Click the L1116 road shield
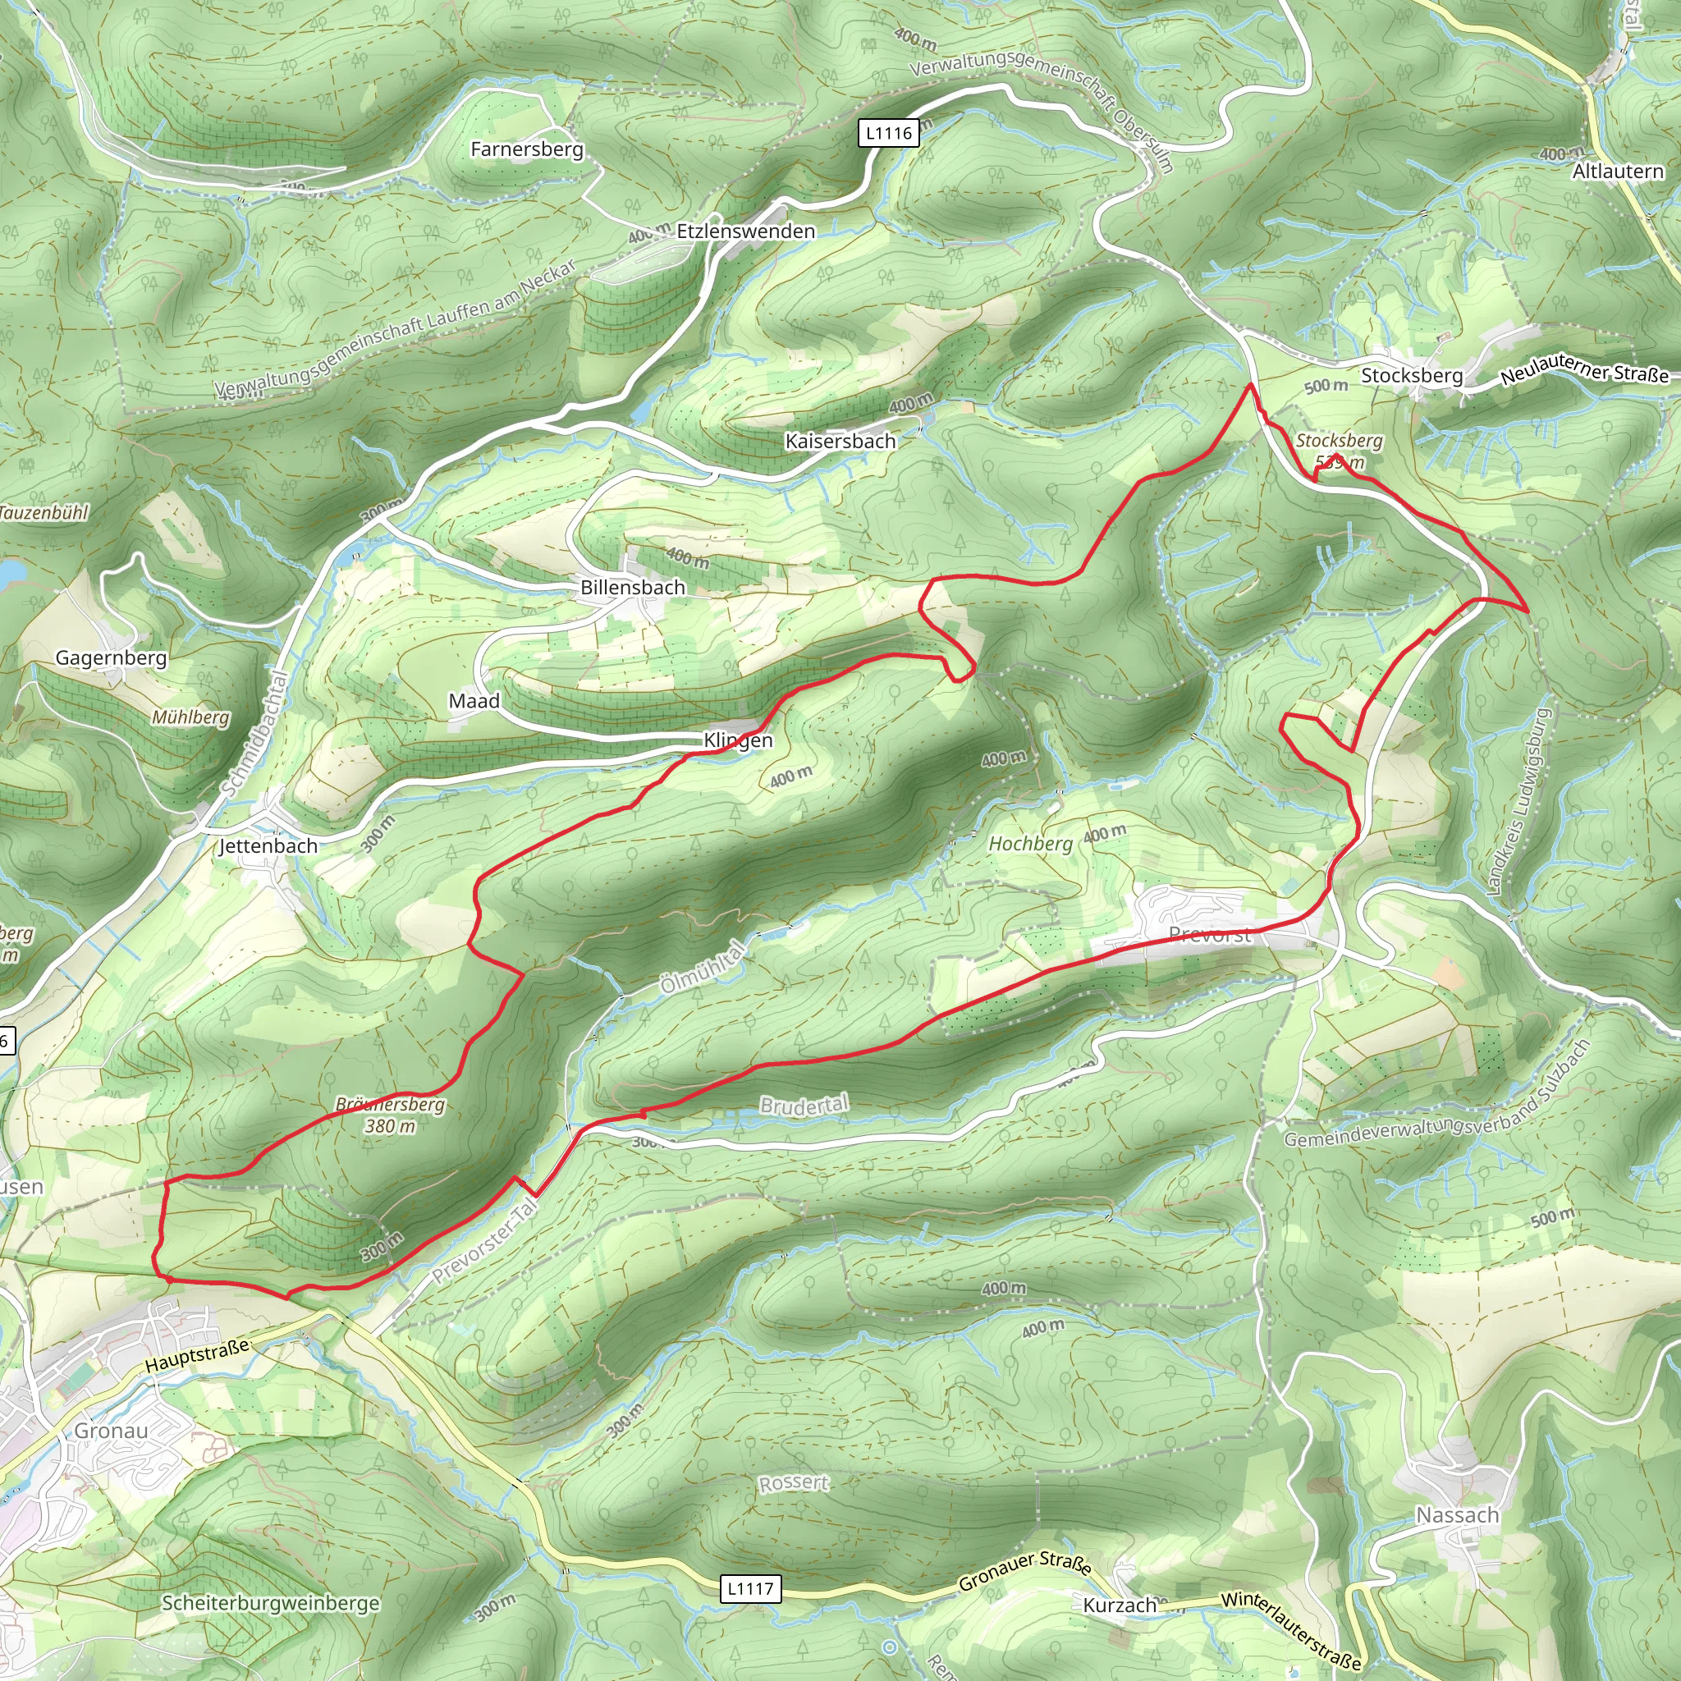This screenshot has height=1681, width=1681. (888, 133)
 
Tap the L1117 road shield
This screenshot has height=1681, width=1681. (750, 1589)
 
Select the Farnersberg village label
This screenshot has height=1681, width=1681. (526, 149)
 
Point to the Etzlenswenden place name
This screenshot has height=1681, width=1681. (745, 231)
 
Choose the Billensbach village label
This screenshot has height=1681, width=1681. (633, 588)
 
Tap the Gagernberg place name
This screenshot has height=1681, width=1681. (112, 657)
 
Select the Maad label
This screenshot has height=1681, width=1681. (474, 700)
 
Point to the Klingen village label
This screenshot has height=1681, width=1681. (738, 740)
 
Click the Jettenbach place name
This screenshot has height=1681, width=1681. (268, 845)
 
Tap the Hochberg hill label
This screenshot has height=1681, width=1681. (1030, 843)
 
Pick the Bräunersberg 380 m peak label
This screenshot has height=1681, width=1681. (390, 1115)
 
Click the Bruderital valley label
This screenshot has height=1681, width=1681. (803, 1106)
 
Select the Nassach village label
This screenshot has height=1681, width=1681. (1458, 1515)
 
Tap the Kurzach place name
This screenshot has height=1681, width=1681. (1120, 1605)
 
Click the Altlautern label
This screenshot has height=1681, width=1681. (1618, 172)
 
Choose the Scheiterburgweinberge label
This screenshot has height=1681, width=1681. (271, 1603)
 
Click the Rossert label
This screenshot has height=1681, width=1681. (794, 1482)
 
